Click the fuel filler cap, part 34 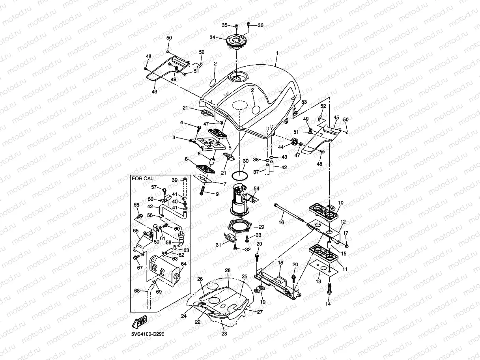coord(236,41)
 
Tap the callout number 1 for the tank coord(277,53)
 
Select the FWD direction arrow coord(140,322)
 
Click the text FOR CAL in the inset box coord(142,178)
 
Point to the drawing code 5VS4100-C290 coord(148,334)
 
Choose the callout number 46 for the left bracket coord(154,91)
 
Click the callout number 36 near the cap coord(260,25)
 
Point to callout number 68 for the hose coord(137,291)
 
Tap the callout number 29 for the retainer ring coord(261,227)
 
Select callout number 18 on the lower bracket coord(281,262)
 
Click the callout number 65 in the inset coord(135,230)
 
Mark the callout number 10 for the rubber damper coord(340,203)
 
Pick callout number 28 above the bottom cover coord(228,270)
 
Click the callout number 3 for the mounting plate coord(174,138)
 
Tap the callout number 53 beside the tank coord(304,102)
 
